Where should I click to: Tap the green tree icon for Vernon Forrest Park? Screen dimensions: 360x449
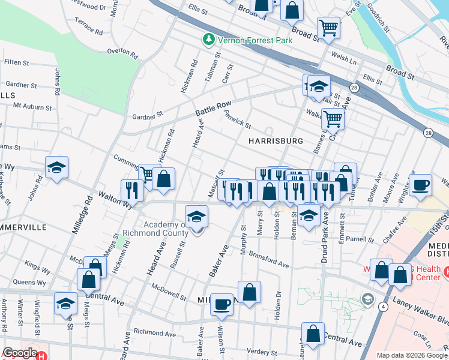[x=209, y=39]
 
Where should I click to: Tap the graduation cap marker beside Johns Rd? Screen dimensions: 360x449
[x=56, y=168]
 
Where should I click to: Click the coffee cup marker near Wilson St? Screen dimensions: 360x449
[x=221, y=304]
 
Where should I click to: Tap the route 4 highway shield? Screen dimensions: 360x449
[x=383, y=306]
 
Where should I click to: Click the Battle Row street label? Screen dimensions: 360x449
[x=213, y=109]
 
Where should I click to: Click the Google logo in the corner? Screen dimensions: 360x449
[x=20, y=353]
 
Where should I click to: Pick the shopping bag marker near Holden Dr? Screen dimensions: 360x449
[x=250, y=292]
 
